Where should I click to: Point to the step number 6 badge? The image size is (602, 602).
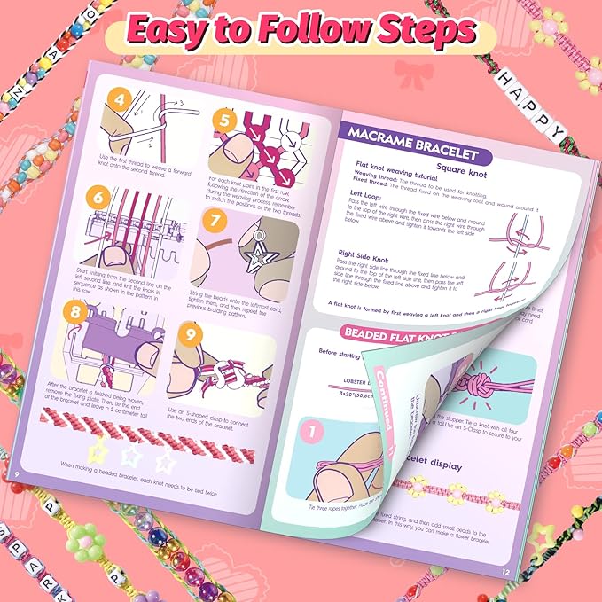click(99, 198)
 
